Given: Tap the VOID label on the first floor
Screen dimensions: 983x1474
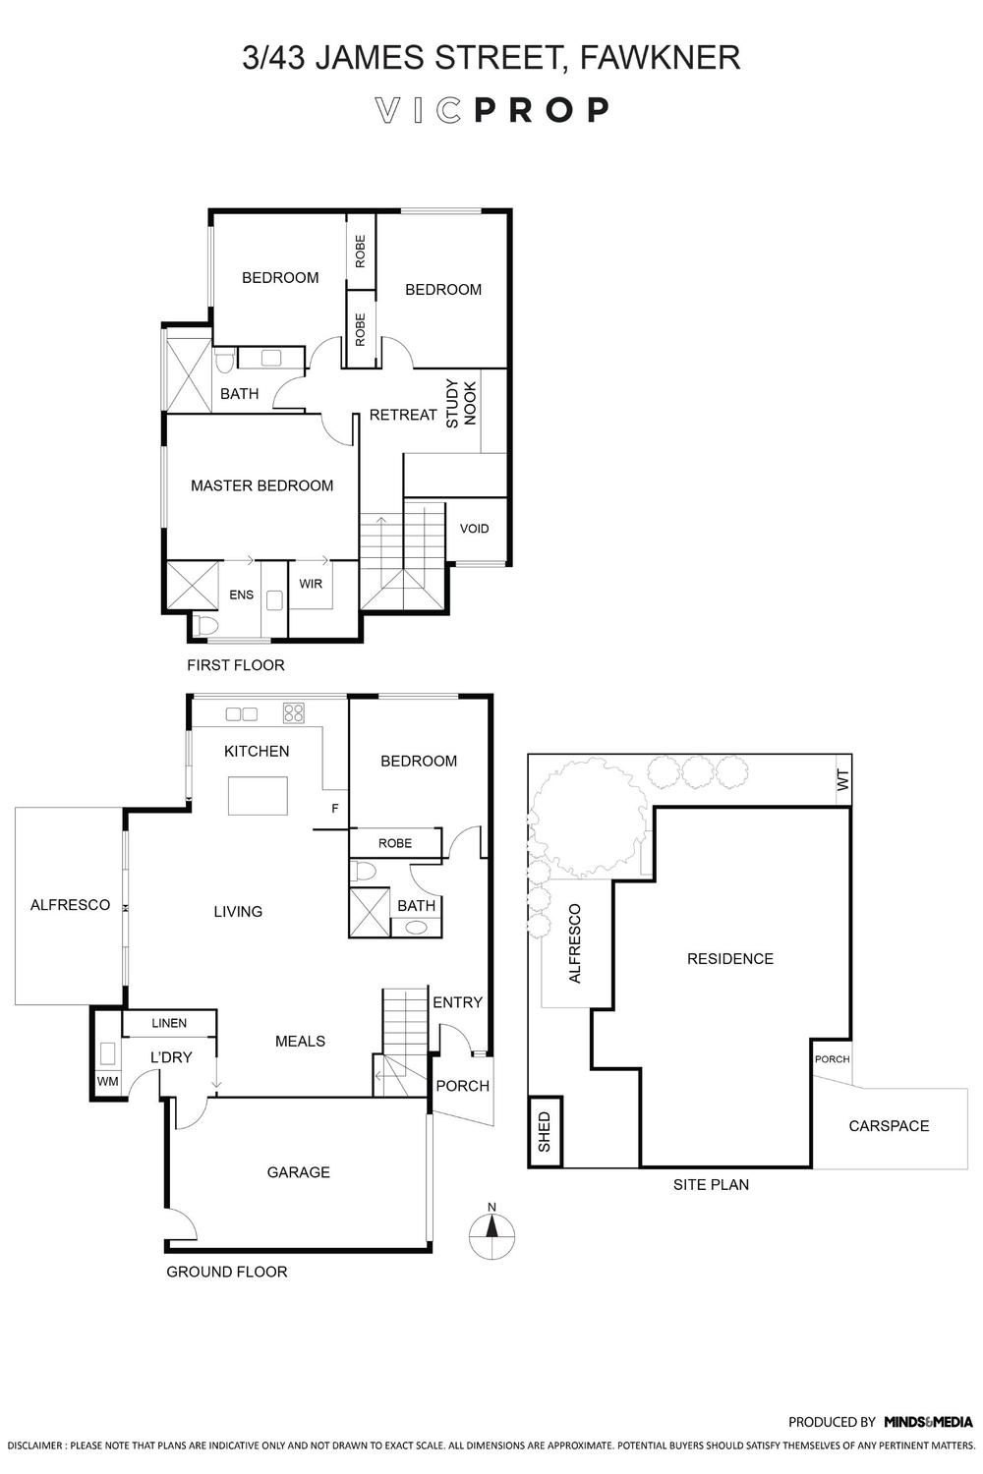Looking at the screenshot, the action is tap(474, 529).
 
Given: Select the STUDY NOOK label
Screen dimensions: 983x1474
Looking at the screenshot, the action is tap(461, 403).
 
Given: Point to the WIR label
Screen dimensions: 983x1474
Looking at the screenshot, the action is tap(311, 584).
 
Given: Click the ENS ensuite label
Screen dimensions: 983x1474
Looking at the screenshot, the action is tap(241, 595).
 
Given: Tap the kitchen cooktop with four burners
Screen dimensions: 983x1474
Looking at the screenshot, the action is tap(294, 713).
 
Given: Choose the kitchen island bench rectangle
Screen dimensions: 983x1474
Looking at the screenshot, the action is tap(259, 796).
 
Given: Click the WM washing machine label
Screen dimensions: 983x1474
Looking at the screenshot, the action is tap(107, 1081).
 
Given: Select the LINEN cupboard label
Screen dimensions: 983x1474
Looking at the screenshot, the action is tap(169, 1023).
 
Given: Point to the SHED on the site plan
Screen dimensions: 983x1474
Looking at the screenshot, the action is tap(545, 1132).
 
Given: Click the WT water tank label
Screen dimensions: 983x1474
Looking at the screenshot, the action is tap(843, 780).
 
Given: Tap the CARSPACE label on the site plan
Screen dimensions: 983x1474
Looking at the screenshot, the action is tap(889, 1126).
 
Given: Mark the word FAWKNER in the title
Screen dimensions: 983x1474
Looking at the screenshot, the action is tap(661, 57).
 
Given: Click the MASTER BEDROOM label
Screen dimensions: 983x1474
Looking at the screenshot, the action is tap(262, 485).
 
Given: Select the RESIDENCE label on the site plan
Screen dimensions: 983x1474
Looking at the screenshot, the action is tap(730, 959).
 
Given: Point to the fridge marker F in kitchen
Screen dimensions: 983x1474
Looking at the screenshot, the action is tap(335, 808).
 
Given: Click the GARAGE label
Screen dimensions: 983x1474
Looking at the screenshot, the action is tap(298, 1172).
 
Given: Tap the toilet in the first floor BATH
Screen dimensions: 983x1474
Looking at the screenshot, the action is tap(224, 360).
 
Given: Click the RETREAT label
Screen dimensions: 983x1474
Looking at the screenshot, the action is tap(403, 415).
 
